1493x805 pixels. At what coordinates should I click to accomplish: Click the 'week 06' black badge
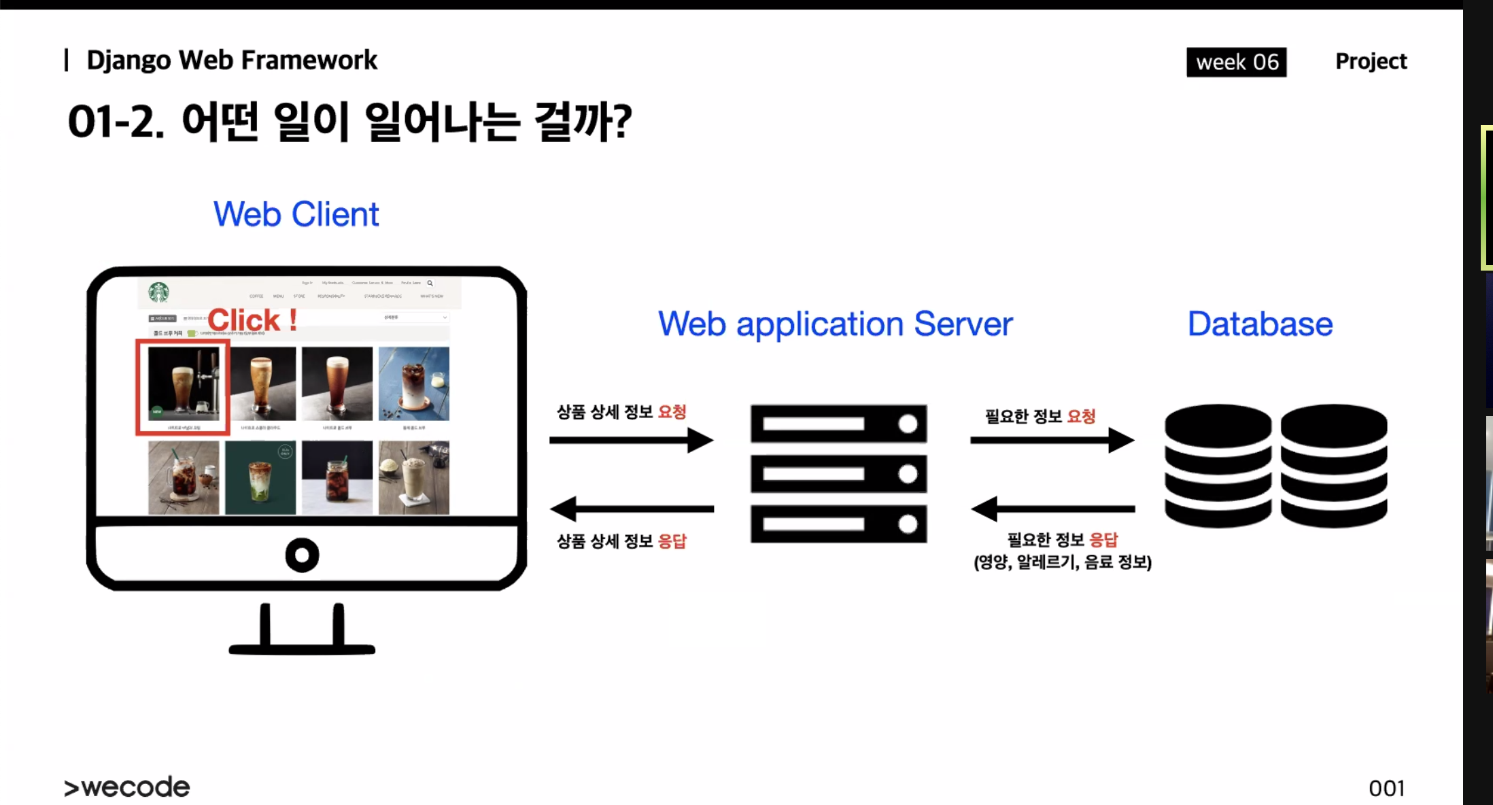point(1236,62)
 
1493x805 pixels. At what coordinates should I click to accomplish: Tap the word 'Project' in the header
point(1371,61)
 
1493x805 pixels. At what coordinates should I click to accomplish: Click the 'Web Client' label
point(296,214)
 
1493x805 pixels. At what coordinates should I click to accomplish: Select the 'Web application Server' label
point(835,324)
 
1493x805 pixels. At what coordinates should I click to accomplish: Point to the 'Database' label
point(1260,324)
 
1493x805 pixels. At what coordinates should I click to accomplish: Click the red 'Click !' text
point(252,320)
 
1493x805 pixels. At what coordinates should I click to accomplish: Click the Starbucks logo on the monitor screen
point(158,292)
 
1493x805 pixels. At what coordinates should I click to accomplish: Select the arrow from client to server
point(631,440)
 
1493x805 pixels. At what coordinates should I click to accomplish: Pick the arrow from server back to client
point(631,509)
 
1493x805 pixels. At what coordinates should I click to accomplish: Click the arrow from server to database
point(1052,440)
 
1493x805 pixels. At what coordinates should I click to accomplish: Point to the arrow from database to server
point(1052,509)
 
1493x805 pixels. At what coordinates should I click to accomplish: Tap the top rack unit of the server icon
point(838,424)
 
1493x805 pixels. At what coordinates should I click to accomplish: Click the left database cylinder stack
point(1218,466)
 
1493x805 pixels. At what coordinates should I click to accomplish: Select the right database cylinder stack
point(1333,466)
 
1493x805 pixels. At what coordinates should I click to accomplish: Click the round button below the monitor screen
point(302,555)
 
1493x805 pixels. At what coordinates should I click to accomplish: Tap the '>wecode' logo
point(127,787)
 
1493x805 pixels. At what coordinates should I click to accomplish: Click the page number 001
point(1386,788)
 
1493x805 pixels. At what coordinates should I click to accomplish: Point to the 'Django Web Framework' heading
point(231,60)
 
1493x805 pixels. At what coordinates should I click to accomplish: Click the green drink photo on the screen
point(260,477)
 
